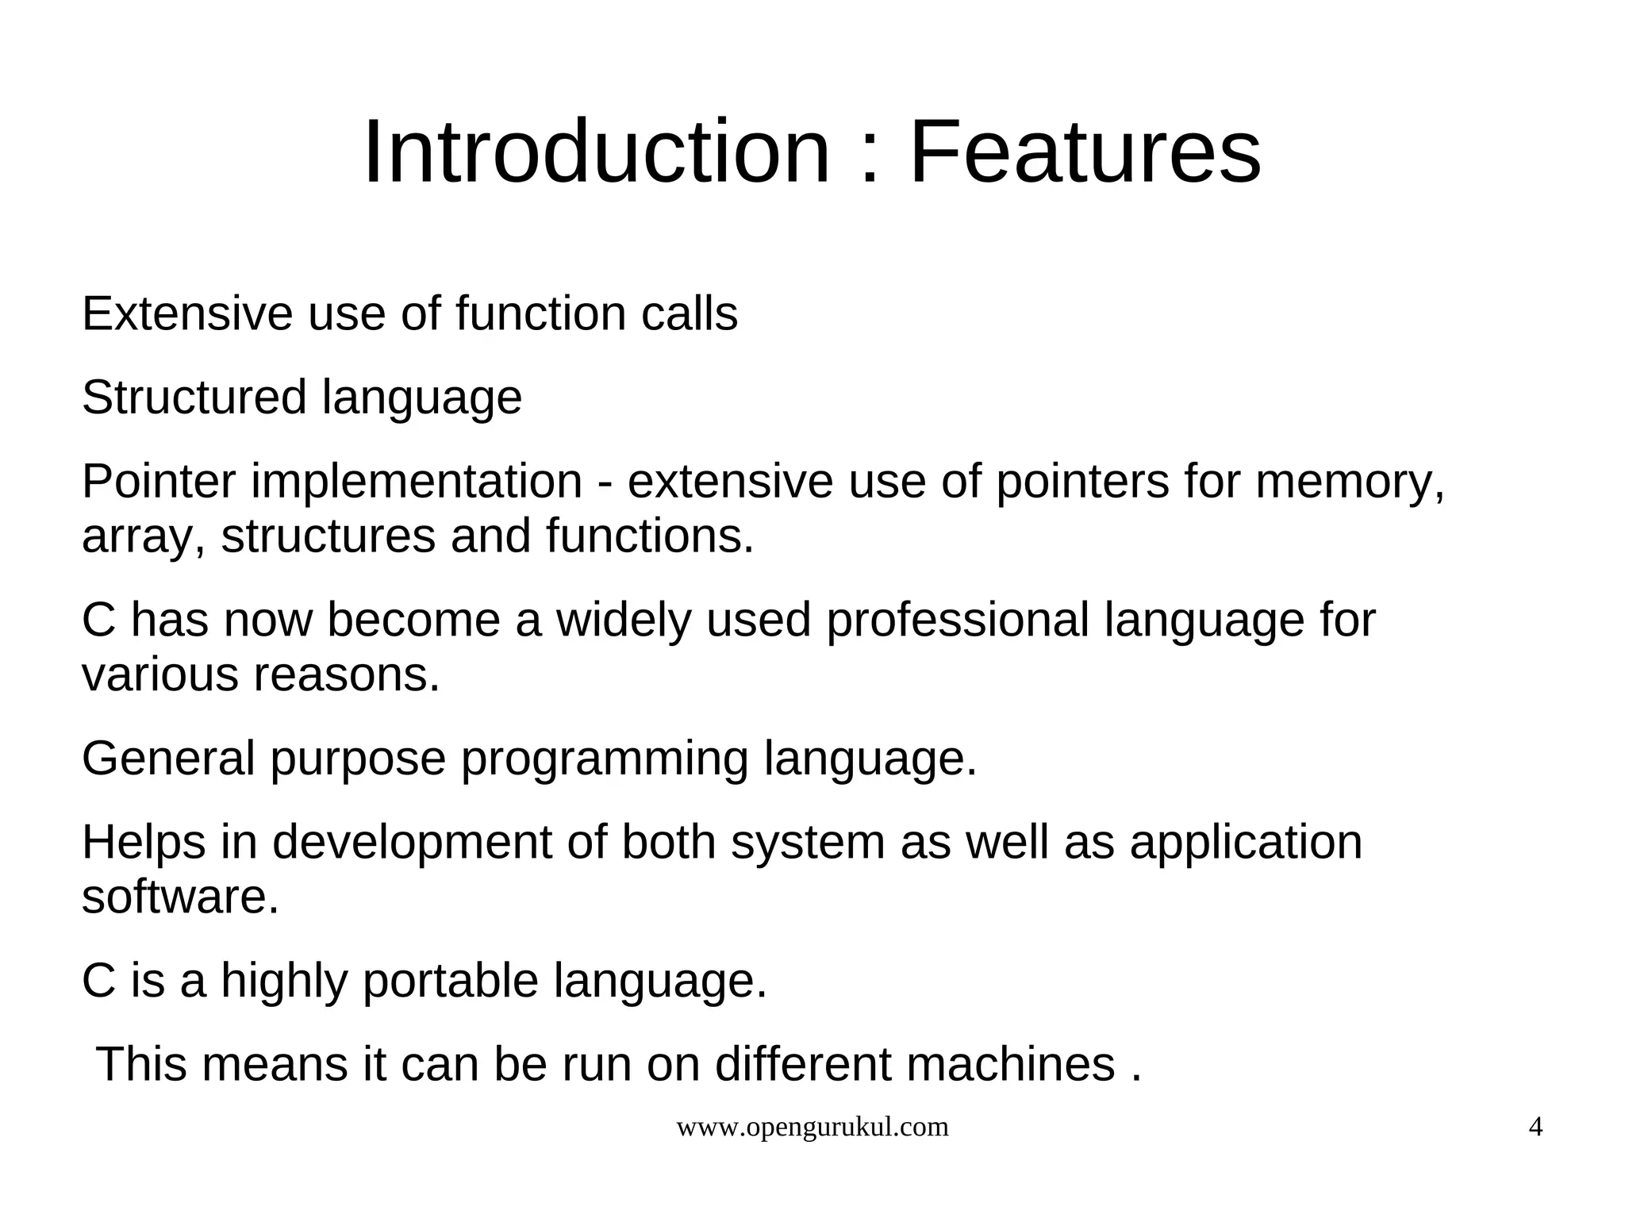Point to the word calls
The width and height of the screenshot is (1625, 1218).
coord(689,313)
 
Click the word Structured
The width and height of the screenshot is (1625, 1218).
coord(194,397)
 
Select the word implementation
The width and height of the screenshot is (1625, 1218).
coord(417,481)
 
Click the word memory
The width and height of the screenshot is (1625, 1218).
coord(1349,481)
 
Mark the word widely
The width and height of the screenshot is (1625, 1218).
coord(624,620)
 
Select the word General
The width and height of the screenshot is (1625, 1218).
coord(168,759)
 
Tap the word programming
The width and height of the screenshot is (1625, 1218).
coord(604,759)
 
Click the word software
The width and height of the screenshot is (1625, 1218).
coord(180,897)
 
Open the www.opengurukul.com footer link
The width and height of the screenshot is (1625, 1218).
coord(812,1128)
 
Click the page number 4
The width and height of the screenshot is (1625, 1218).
coord(1535,1128)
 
